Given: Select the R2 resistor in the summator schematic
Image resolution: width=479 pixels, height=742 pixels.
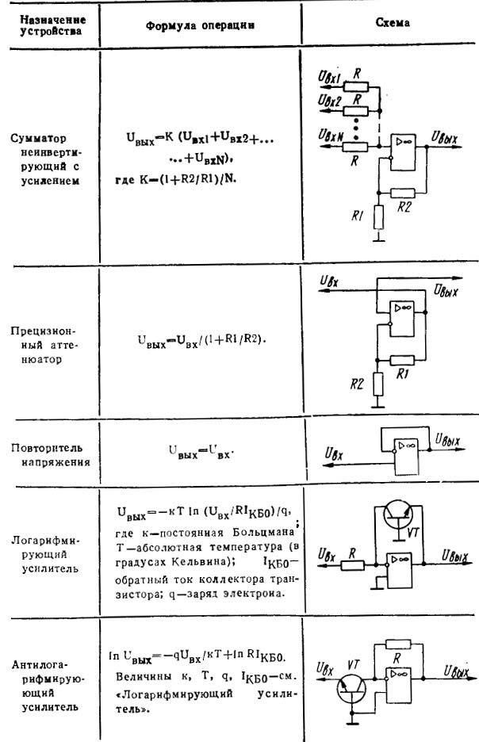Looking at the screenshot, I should click(x=404, y=193).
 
